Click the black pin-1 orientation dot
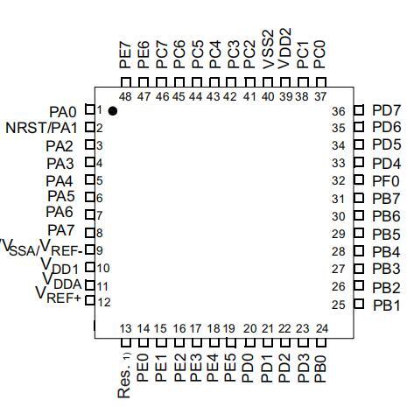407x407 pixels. (x=113, y=111)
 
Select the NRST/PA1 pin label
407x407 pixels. (x=41, y=128)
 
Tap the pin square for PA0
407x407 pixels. (x=90, y=109)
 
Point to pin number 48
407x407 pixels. (x=125, y=96)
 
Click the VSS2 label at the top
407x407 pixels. (x=269, y=49)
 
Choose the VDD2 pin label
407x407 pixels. (x=285, y=48)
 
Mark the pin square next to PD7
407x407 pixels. (x=359, y=110)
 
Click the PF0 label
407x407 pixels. (x=386, y=181)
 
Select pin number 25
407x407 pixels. (x=339, y=305)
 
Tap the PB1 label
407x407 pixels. (x=387, y=305)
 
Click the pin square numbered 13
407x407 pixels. (x=126, y=342)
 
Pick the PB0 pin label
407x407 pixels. (x=320, y=369)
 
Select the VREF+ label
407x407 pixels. (x=58, y=295)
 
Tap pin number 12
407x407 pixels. (x=104, y=302)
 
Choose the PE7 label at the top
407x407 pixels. (x=125, y=55)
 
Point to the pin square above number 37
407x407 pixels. (x=321, y=82)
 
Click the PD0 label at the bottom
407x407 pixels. (x=249, y=368)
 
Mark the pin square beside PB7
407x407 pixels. (x=359, y=198)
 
